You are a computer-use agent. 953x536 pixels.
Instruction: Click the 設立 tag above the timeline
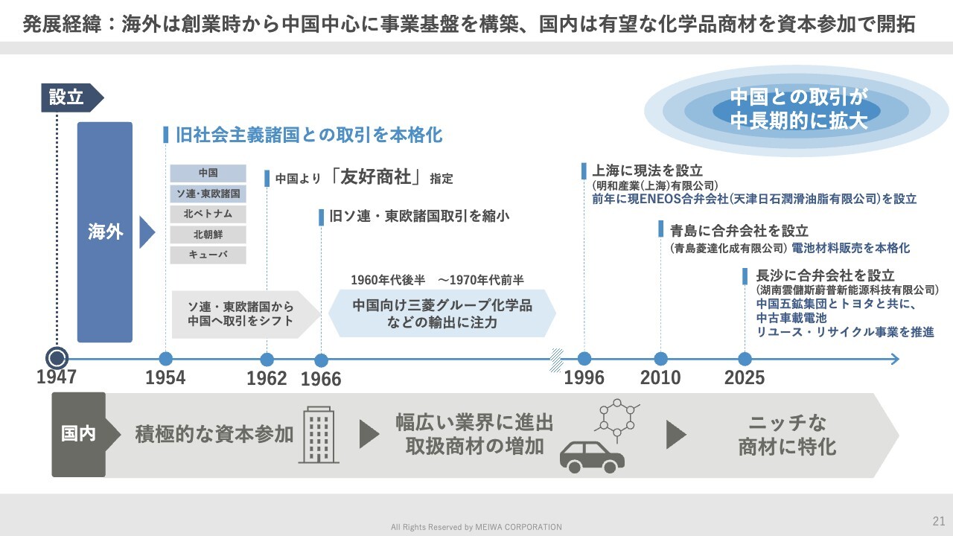pos(71,98)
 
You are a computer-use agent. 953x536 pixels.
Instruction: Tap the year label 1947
pos(56,377)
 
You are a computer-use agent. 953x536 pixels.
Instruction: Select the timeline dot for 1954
pos(165,359)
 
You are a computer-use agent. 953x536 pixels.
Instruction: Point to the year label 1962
pos(267,378)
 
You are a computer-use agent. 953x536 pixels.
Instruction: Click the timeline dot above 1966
pos(321,360)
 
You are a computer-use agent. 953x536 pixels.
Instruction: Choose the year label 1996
pos(584,377)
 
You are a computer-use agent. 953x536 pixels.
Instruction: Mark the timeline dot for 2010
pos(660,359)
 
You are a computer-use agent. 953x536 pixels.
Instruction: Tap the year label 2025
pos(745,377)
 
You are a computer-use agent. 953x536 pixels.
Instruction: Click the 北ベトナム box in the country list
pos(208,214)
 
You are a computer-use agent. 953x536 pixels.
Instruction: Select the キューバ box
pos(208,255)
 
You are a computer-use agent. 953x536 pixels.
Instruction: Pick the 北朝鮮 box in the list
pos(208,234)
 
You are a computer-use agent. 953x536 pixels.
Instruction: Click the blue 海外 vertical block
pos(105,232)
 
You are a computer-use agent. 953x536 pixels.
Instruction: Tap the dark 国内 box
pos(79,434)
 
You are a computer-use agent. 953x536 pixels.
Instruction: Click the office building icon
pos(319,435)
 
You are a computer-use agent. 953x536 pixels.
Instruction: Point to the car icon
pos(592,457)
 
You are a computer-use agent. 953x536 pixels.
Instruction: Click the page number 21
pos(939,521)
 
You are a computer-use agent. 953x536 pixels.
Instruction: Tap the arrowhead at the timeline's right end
pos(895,360)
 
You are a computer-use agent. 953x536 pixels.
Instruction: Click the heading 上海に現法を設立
pos(647,170)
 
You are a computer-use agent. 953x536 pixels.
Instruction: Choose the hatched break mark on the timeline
pos(556,360)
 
